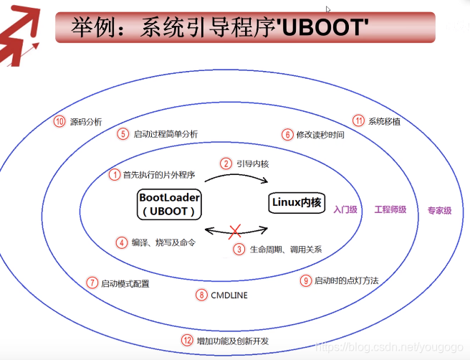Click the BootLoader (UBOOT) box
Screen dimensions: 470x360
pos(170,204)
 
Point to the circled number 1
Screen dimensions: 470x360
pos(114,174)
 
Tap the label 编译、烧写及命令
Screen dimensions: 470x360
pos(163,242)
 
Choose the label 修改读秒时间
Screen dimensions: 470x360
pos(320,134)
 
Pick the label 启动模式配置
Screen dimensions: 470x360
pos(125,283)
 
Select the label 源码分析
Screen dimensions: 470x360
pos(86,121)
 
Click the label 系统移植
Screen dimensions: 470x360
pos(384,120)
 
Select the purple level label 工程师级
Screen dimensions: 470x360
pos(390,210)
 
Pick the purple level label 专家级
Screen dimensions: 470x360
pos(439,211)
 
